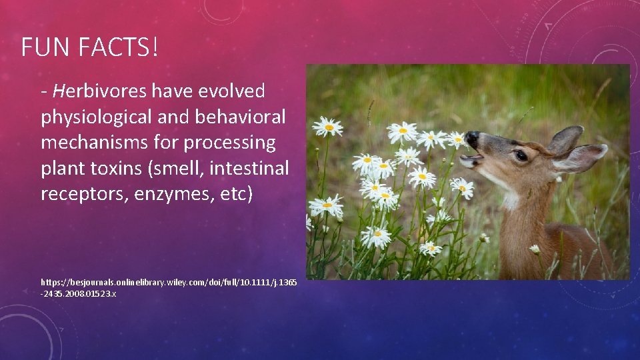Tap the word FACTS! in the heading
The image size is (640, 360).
tap(116, 47)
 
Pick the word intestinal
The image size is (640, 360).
tap(249, 169)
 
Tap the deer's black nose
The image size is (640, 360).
tap(472, 139)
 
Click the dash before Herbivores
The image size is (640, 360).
tap(44, 91)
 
